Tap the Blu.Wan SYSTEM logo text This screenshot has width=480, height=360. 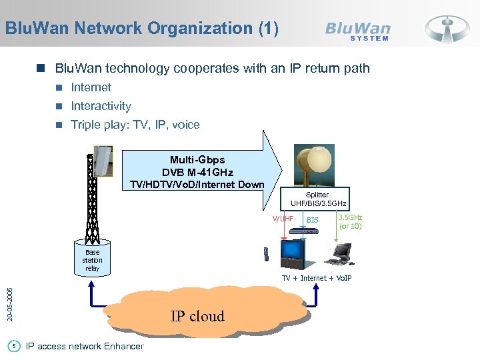pyautogui.click(x=357, y=31)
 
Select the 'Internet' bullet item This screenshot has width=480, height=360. pyautogui.click(x=91, y=87)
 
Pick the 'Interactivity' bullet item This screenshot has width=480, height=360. pyautogui.click(x=101, y=106)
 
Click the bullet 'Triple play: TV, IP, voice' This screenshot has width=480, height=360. pyautogui.click(x=135, y=125)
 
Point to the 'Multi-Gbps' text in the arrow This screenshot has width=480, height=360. pyautogui.click(x=197, y=160)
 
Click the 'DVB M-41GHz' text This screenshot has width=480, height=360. pyautogui.click(x=197, y=172)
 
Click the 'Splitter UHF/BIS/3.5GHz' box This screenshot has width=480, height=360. pyautogui.click(x=318, y=199)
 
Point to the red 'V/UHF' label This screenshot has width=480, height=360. pyautogui.click(x=282, y=219)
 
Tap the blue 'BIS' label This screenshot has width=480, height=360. pyautogui.click(x=312, y=219)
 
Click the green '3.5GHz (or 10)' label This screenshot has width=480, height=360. pyautogui.click(x=351, y=221)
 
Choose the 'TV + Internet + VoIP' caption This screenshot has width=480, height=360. pyautogui.click(x=316, y=278)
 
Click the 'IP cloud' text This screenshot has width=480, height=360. pyautogui.click(x=197, y=316)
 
